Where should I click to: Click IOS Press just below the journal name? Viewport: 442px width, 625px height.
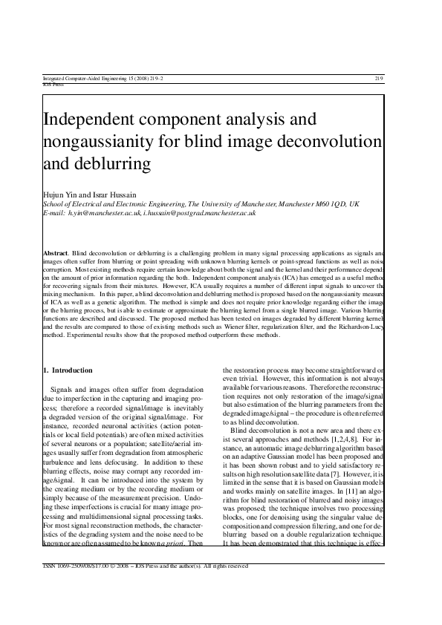click(x=53, y=84)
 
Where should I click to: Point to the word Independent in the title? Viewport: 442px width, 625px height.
click(x=94, y=119)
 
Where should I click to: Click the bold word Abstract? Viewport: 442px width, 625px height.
click(x=56, y=254)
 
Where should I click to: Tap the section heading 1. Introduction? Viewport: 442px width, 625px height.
click(x=68, y=370)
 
